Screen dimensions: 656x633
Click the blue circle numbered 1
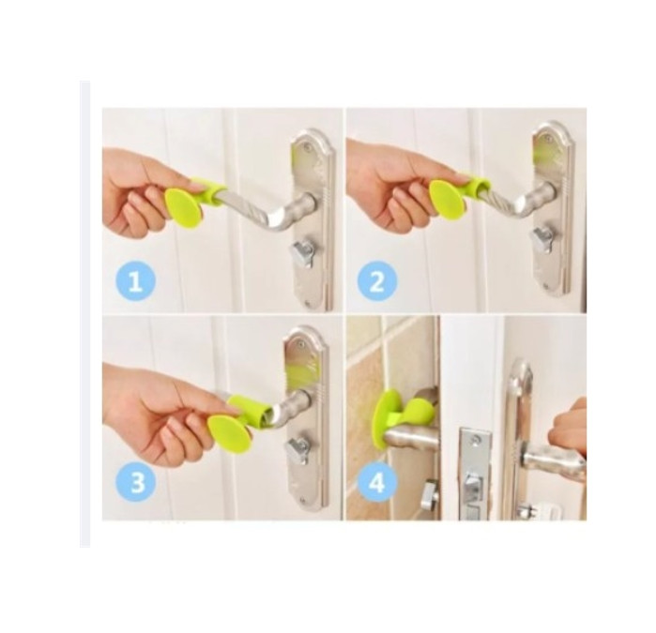point(135,280)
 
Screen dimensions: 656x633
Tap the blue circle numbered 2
point(377,280)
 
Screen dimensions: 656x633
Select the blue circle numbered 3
point(136,482)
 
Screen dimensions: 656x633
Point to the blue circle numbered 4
point(377,482)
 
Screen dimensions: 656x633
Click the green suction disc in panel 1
point(184,208)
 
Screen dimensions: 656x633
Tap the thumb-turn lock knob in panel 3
point(297,451)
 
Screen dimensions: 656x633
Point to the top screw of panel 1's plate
point(308,146)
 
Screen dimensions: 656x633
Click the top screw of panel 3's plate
point(301,345)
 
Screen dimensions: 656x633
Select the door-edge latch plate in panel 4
point(475,472)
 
